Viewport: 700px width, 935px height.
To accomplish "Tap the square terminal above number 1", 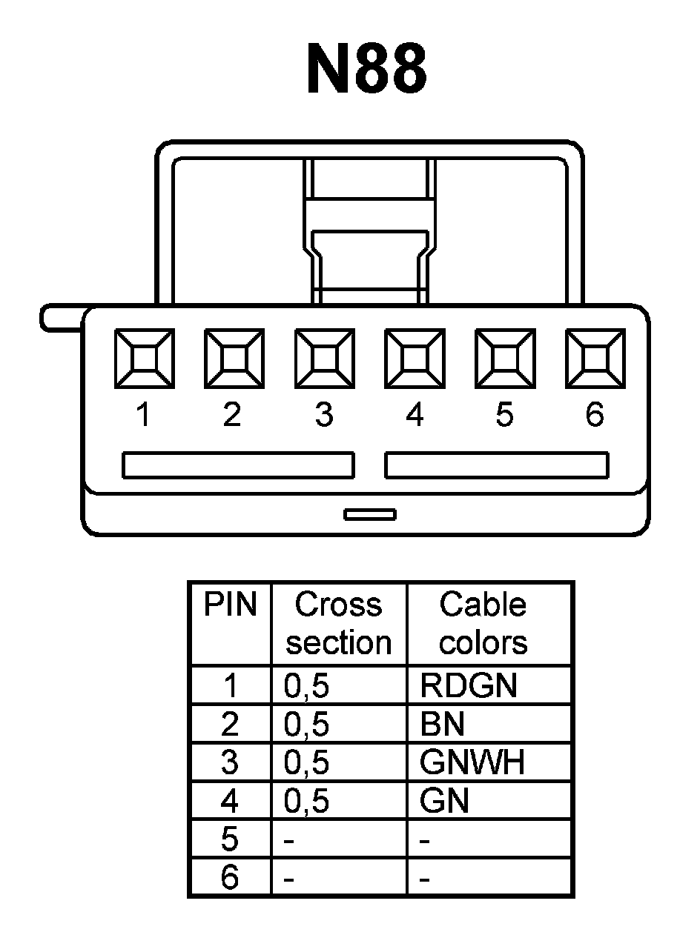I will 144,359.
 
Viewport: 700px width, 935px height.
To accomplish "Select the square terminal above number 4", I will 415,359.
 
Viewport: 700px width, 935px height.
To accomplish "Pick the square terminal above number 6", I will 595,359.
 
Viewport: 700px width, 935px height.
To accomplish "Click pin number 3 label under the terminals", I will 323,416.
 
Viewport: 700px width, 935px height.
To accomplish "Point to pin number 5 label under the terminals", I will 504,416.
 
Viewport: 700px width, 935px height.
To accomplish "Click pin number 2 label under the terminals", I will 232,416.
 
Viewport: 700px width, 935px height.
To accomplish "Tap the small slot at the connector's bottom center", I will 369,514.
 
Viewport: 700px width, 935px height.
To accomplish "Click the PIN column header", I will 230,605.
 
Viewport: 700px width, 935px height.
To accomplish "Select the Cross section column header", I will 339,623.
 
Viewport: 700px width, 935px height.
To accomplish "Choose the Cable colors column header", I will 483,623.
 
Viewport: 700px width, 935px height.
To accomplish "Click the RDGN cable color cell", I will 468,686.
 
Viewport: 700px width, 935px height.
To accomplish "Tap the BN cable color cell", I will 443,724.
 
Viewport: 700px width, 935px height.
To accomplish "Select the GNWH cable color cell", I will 472,762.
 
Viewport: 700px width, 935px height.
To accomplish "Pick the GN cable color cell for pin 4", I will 444,801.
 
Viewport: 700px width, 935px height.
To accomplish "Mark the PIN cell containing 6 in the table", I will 230,878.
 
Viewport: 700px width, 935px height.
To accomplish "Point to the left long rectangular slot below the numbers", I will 238,465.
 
